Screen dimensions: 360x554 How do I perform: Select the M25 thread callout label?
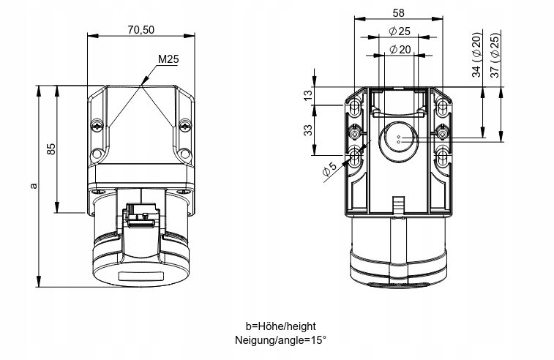click(168, 59)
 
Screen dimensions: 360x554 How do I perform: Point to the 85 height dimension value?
click(50, 149)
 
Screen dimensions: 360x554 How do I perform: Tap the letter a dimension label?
click(33, 186)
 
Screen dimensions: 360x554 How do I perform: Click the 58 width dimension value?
click(399, 12)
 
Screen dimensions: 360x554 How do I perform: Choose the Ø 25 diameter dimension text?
click(399, 31)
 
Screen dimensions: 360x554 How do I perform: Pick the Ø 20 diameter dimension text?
click(399, 49)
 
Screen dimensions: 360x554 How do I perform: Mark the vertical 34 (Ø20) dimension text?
click(476, 55)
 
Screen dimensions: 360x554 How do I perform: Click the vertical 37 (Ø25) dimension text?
click(495, 55)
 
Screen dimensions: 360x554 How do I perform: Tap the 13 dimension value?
click(308, 94)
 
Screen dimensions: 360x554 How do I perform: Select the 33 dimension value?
click(308, 130)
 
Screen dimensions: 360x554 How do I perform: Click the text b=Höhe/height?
click(281, 326)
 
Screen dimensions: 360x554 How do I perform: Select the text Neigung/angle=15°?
click(281, 340)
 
